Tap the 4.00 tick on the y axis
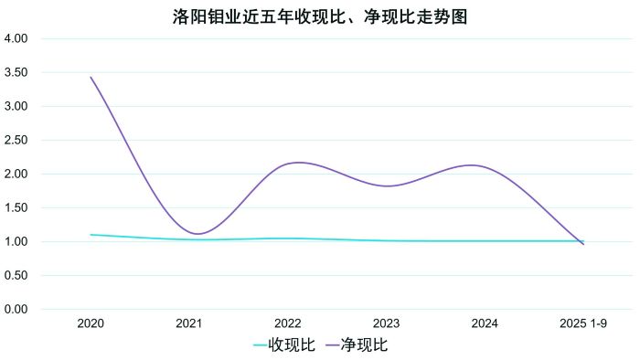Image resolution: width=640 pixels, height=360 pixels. pyautogui.click(x=17, y=39)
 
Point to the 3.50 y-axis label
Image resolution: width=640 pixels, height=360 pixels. pyautogui.click(x=17, y=73)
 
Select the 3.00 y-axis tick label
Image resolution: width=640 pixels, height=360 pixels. pyautogui.click(x=17, y=107)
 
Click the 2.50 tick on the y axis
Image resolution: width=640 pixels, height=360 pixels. pyautogui.click(x=17, y=141)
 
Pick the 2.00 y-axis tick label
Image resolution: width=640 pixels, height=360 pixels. pyautogui.click(x=17, y=175)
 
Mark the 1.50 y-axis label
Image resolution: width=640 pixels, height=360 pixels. pyautogui.click(x=17, y=208)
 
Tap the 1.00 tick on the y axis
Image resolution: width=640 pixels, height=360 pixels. pyautogui.click(x=17, y=242)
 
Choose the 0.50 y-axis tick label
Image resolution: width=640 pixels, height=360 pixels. pyautogui.click(x=17, y=276)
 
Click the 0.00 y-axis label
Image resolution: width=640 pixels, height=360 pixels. pyautogui.click(x=17, y=310)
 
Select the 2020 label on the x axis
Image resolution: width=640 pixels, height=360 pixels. pyautogui.click(x=91, y=323)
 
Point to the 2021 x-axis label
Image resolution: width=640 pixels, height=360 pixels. pyautogui.click(x=189, y=323)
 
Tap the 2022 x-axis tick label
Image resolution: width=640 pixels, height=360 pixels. pyautogui.click(x=288, y=323)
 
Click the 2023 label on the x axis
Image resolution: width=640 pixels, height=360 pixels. pyautogui.click(x=386, y=323)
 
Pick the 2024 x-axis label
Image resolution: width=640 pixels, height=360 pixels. pyautogui.click(x=485, y=323)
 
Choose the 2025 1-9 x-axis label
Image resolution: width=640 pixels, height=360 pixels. pyautogui.click(x=583, y=323)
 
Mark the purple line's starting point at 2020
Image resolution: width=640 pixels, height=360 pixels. pyautogui.click(x=91, y=78)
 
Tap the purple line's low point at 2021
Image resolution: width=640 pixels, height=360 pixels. pyautogui.click(x=196, y=234)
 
